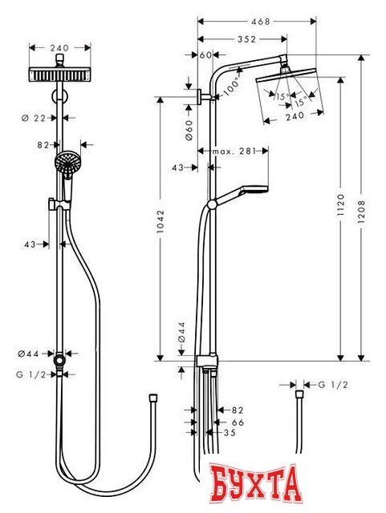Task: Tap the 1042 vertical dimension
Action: click(x=164, y=227)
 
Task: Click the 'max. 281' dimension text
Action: click(x=234, y=151)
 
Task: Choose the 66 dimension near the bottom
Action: click(x=237, y=422)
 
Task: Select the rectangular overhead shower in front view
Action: click(x=61, y=76)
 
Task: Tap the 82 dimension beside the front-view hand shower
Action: click(x=44, y=145)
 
